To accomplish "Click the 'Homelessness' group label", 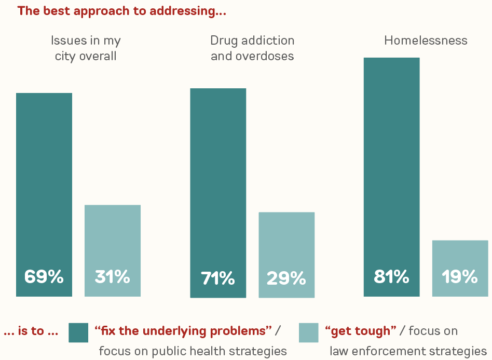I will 426,41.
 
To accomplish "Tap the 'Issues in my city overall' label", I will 86,48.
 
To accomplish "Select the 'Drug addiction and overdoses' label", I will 252,48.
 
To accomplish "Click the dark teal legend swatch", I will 78,332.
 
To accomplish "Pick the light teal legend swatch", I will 309,332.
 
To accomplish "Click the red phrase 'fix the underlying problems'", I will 184,330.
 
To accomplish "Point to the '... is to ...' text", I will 31,331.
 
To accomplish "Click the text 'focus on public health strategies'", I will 193,351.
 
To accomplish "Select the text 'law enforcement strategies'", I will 408,351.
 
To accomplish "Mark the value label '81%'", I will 391,277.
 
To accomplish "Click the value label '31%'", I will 112,277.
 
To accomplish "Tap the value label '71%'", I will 218,278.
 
